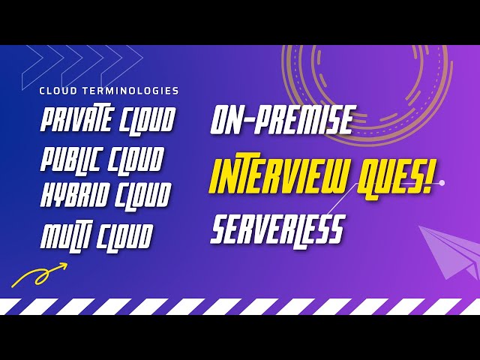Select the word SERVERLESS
[x=277, y=229]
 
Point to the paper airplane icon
[x=450, y=251]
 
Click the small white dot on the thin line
[x=442, y=182]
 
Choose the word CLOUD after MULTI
[x=124, y=236]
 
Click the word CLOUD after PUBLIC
[x=134, y=159]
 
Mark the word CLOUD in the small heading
[x=55, y=91]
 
